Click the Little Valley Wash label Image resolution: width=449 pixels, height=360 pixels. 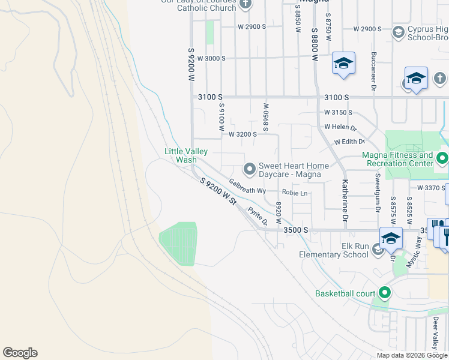pyautogui.click(x=181, y=156)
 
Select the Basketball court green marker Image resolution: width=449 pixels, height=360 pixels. pyautogui.click(x=384, y=293)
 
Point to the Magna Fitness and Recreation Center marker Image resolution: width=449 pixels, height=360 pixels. pyautogui.click(x=442, y=158)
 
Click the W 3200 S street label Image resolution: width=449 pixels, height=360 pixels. pyautogui.click(x=243, y=134)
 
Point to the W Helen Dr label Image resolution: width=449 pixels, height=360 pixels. pyautogui.click(x=340, y=127)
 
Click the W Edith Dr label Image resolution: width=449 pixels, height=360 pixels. pyautogui.click(x=345, y=142)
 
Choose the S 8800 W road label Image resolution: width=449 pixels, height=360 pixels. pyautogui.click(x=315, y=43)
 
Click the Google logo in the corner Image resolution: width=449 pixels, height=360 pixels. pyautogui.click(x=20, y=353)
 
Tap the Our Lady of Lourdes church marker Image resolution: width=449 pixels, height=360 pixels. pyautogui.click(x=245, y=4)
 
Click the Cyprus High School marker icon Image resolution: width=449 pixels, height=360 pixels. pyautogui.click(x=398, y=32)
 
